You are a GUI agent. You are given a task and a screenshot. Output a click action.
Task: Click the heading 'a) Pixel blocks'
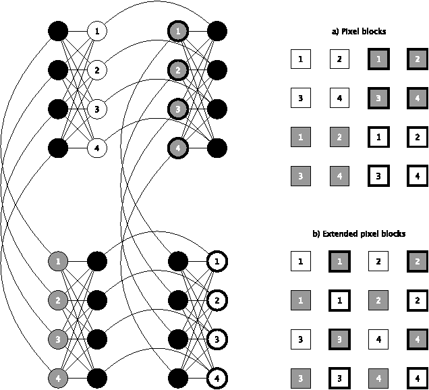tap(359, 32)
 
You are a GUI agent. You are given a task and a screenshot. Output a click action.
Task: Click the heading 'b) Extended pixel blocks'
tap(359, 234)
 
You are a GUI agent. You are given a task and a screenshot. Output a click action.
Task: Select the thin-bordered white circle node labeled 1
tap(97, 31)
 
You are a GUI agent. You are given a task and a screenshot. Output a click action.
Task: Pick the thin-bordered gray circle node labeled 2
tap(59, 299)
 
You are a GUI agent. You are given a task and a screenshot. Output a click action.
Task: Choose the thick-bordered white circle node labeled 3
tap(217, 338)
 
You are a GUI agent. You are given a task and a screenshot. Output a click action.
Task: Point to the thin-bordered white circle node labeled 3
tap(97, 109)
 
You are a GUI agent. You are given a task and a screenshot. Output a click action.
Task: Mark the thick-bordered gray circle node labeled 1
tap(177, 31)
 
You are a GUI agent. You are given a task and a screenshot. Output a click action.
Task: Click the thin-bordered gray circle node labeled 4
tap(59, 377)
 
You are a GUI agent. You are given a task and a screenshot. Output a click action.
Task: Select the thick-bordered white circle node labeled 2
tap(217, 299)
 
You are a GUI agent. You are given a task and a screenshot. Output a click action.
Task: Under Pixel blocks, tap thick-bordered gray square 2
tap(417, 60)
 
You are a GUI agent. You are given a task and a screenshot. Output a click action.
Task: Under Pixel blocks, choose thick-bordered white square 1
tap(378, 138)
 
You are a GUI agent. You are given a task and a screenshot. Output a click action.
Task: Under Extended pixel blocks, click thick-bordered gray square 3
tap(339, 338)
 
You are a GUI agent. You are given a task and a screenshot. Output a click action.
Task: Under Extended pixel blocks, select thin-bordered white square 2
tap(378, 260)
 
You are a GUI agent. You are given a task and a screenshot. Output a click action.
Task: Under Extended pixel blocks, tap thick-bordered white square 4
tap(417, 377)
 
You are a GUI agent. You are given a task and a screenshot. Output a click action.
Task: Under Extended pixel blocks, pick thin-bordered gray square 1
tap(300, 299)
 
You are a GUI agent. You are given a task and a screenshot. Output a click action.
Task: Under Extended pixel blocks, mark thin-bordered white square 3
tap(300, 338)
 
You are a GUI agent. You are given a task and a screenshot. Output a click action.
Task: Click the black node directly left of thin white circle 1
tap(59, 31)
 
